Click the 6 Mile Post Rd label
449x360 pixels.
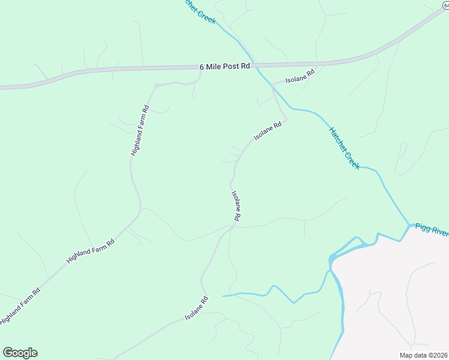point(224,67)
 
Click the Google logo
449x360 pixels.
point(20,353)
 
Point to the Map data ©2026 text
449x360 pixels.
point(423,355)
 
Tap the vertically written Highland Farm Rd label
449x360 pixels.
point(140,131)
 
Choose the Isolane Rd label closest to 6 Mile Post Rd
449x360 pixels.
point(300,77)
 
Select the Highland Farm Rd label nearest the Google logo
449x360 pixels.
point(20,306)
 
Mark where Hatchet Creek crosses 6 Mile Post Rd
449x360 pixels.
point(254,64)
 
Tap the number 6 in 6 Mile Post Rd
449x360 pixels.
point(202,67)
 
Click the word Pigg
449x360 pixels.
point(422,229)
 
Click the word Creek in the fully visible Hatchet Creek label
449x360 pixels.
point(352,159)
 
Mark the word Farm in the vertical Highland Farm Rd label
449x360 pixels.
point(139,128)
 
